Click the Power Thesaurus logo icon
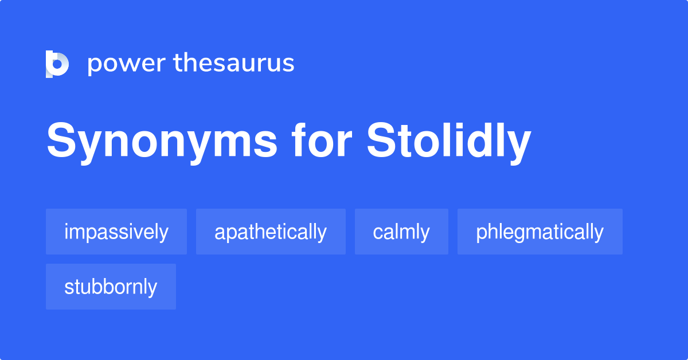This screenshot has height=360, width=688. [x=57, y=64]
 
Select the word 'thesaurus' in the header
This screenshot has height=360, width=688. [x=234, y=63]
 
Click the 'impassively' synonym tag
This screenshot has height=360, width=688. [x=116, y=232]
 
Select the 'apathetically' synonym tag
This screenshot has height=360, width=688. [x=271, y=232]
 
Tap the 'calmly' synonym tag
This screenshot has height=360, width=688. [x=401, y=232]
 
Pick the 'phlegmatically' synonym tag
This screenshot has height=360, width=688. [x=540, y=232]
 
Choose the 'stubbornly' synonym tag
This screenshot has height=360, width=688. [x=111, y=287]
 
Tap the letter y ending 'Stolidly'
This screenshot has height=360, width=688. [x=519, y=146]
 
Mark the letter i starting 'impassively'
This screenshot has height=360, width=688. [x=67, y=232]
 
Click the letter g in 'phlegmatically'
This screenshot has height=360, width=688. [x=521, y=234]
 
